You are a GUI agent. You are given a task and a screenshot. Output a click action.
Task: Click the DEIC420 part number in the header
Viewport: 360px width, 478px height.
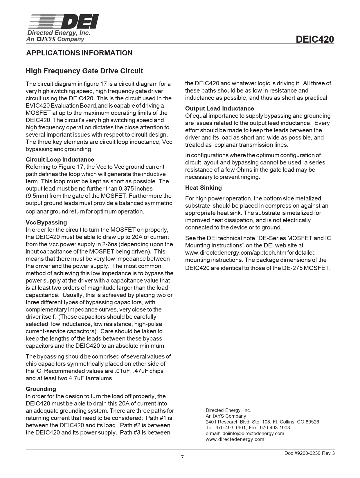(315, 39)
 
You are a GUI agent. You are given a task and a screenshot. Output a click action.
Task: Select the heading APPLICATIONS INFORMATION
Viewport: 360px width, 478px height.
(79, 53)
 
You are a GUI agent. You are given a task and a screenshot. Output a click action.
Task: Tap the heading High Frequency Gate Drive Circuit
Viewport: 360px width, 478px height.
(84, 71)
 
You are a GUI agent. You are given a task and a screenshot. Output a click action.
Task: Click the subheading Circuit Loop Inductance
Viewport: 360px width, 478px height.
(60, 160)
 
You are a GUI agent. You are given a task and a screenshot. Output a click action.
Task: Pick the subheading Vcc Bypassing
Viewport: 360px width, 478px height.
(46, 222)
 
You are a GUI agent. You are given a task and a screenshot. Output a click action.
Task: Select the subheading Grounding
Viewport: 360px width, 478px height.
(41, 389)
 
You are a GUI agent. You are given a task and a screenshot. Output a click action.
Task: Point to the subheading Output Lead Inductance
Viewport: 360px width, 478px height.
(219, 108)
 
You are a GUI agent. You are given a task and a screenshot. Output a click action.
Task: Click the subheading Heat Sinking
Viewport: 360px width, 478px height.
(203, 188)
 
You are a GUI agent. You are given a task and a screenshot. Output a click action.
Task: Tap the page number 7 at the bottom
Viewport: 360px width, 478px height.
(182, 457)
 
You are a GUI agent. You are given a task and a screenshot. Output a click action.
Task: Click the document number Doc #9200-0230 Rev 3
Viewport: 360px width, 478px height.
(309, 453)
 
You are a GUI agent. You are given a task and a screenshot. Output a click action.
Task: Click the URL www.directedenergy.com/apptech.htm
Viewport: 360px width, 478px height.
(235, 253)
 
